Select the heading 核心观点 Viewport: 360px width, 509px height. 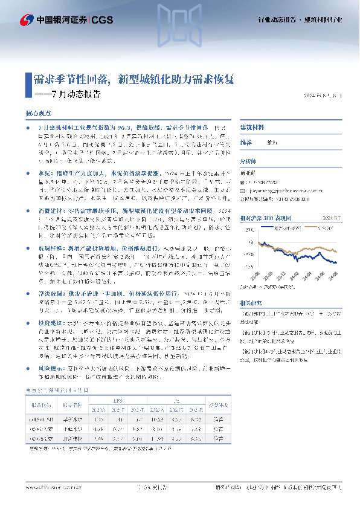pyautogui.click(x=38, y=113)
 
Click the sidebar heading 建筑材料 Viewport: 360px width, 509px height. pyautogui.click(x=252, y=128)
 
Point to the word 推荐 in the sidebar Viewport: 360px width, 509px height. pyautogui.click(x=246, y=143)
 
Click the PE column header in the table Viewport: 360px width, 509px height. pyautogui.click(x=176, y=400)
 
